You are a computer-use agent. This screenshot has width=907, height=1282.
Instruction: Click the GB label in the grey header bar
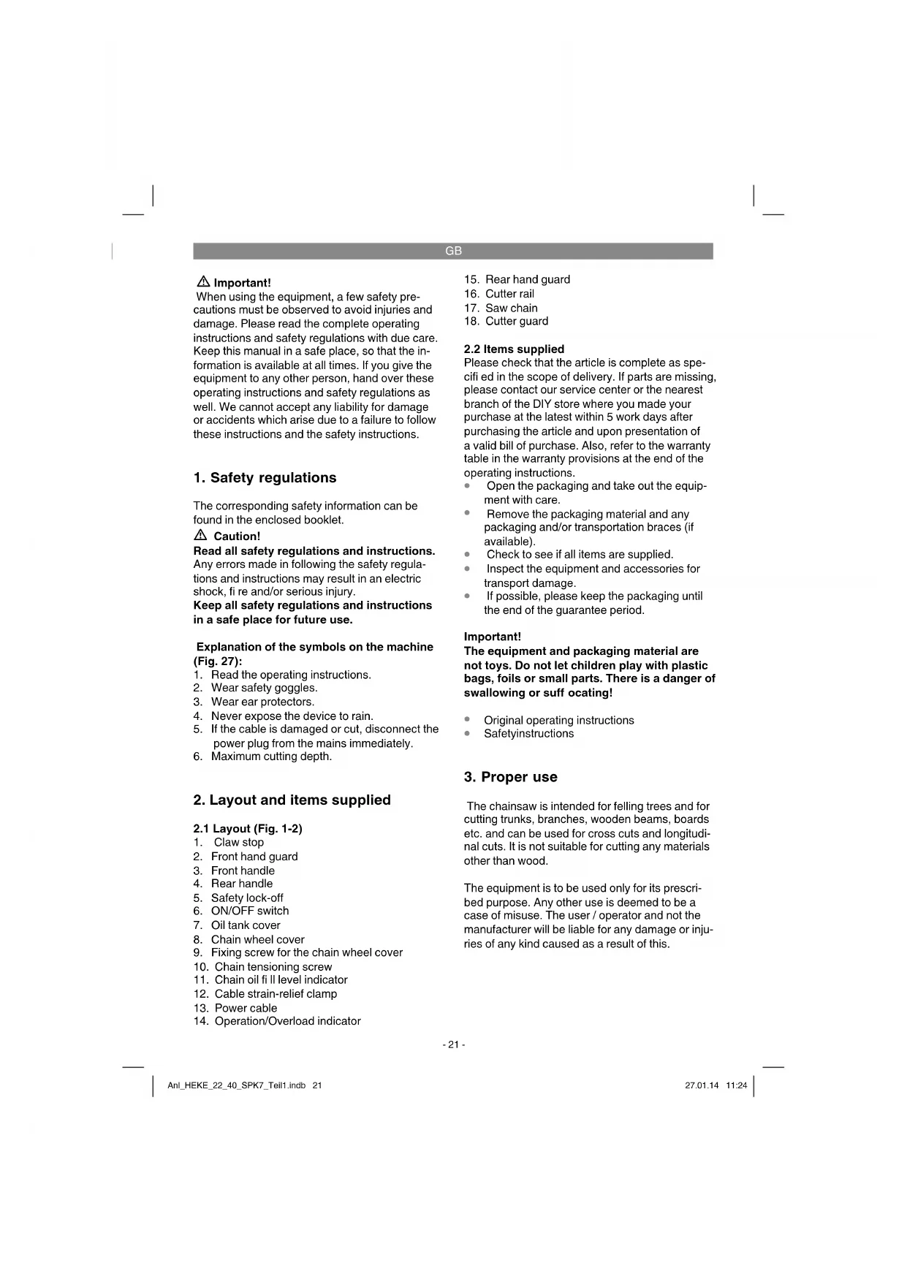tap(453, 251)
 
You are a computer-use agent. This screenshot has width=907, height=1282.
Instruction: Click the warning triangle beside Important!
tap(203, 282)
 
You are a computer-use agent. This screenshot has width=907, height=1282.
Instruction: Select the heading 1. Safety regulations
tap(265, 478)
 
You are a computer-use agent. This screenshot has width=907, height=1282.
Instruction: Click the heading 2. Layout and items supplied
tap(292, 800)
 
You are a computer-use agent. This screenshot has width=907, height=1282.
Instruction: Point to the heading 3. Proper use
tap(510, 777)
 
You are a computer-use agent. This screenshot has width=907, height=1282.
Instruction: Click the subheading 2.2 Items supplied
tap(514, 349)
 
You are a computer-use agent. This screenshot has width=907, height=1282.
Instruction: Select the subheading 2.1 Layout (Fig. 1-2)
tap(247, 829)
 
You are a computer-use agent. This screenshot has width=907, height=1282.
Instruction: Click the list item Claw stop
tap(238, 843)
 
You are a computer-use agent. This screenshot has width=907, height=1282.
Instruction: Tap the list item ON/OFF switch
tap(249, 911)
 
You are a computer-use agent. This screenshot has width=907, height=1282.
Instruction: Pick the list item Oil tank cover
tap(246, 925)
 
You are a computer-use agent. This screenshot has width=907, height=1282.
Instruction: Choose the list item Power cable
tap(246, 1008)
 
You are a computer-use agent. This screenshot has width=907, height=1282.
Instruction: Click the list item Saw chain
tap(511, 308)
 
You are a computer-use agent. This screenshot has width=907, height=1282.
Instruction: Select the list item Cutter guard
tap(516, 322)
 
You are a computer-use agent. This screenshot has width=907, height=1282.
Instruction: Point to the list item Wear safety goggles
tap(264, 688)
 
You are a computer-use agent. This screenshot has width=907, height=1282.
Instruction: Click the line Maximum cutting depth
tap(271, 756)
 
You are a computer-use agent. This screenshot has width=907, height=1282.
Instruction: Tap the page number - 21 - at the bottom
tap(453, 1045)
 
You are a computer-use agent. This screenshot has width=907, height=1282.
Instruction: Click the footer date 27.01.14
tap(702, 1086)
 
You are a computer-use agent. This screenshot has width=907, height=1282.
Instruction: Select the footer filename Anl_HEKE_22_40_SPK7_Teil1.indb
tap(236, 1086)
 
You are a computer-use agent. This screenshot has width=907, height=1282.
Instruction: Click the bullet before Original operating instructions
tap(468, 720)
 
